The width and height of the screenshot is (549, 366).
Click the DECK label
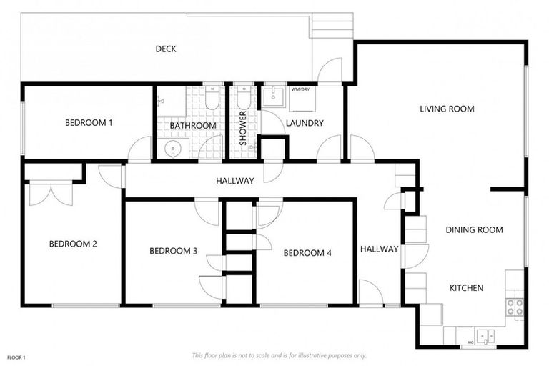pos(166,49)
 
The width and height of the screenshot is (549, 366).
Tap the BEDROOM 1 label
pos(89,123)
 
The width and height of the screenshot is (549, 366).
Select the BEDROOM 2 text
pos(73,244)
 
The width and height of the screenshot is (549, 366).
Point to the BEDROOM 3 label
pos(173,251)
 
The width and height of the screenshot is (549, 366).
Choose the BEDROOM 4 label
pos(307,252)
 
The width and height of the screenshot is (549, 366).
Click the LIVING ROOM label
pos(447,109)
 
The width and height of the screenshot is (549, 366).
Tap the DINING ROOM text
pos(474,230)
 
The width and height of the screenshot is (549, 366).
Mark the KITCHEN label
pos(466,288)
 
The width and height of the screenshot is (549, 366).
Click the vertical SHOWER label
pos(243,129)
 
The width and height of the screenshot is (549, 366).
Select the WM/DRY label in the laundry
pos(300,90)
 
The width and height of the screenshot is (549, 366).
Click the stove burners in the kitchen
pos(515,307)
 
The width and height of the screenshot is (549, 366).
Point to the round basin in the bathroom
pos(172,149)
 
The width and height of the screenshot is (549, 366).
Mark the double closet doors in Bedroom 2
pos(51,193)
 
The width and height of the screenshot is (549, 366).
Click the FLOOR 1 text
pos(16,357)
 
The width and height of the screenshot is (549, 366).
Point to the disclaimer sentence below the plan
pos(280,355)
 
